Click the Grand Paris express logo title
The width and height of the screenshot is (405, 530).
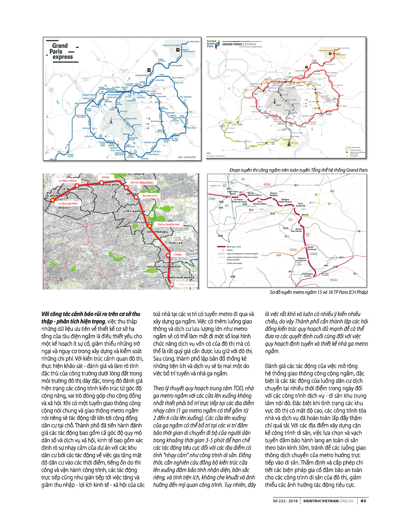(x=61, y=51)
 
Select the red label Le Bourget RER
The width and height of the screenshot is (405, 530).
(x=68, y=204)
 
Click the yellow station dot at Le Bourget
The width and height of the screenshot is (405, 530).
(x=52, y=200)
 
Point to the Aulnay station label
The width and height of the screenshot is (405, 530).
(x=106, y=177)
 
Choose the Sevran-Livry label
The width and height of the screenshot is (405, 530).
(x=150, y=196)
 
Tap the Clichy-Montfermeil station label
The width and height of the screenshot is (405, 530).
(x=168, y=224)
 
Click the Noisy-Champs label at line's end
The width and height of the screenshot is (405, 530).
(x=187, y=284)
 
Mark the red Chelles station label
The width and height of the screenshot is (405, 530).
(x=178, y=254)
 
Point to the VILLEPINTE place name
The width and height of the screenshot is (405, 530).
(x=136, y=174)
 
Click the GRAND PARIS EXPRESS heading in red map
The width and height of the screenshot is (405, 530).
(x=239, y=44)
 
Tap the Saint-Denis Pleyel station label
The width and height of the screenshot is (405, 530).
(x=233, y=193)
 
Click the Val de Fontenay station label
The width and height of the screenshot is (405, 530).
(x=312, y=248)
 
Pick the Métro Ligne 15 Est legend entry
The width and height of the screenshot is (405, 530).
(x=234, y=247)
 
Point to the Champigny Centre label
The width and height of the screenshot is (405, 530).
(x=308, y=275)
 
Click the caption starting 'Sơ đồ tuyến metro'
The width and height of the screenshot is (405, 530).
(x=319, y=292)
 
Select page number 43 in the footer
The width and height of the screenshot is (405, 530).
(x=363, y=501)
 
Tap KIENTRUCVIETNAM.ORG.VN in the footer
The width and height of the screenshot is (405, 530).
(x=328, y=501)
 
